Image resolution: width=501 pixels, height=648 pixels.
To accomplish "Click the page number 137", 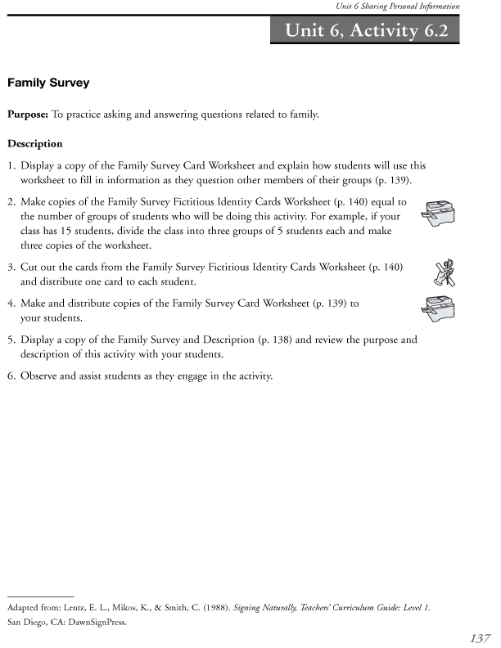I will pyautogui.click(x=481, y=637).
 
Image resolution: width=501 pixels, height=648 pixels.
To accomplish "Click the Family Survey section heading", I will pyautogui.click(x=48, y=83).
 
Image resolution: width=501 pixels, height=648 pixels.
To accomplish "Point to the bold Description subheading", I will pyautogui.click(x=35, y=144).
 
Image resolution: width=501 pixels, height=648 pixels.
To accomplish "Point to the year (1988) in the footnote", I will pyautogui.click(x=192, y=609).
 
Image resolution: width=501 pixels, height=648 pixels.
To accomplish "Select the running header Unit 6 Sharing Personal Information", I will pyautogui.click(x=398, y=7).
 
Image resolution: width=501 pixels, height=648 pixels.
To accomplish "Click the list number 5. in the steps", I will pyautogui.click(x=11, y=339).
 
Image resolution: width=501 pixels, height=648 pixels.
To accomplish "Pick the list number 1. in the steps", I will pyautogui.click(x=11, y=165).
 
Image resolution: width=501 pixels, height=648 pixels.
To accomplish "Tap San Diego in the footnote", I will pyautogui.click(x=25, y=620).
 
